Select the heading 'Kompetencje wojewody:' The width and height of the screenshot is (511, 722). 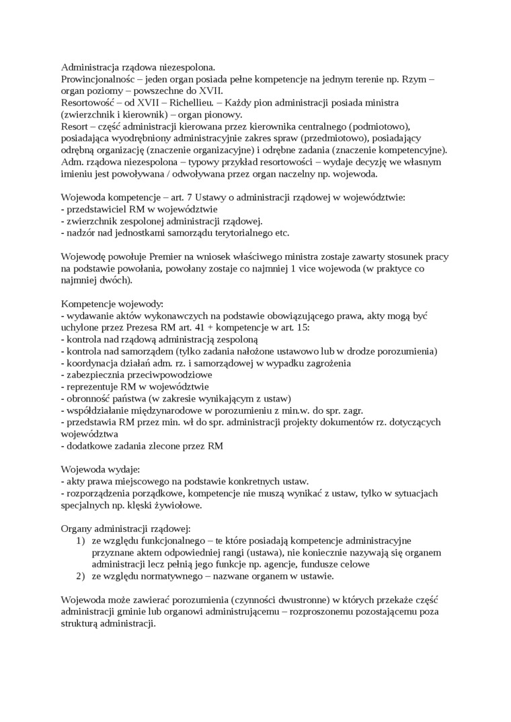(108, 304)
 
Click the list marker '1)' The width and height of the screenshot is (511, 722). (79, 541)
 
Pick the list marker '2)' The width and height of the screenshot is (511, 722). (79, 576)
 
